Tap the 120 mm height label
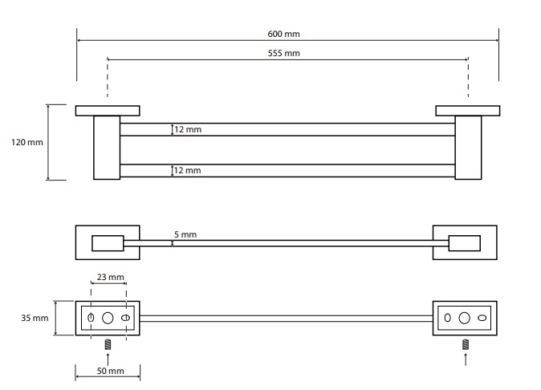(x=27, y=142)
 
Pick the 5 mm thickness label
(x=185, y=234)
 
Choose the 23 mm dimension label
(x=109, y=278)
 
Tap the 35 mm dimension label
(x=35, y=318)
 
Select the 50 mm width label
(x=110, y=371)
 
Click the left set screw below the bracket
(x=108, y=345)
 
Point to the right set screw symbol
(x=465, y=345)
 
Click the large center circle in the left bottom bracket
(x=108, y=318)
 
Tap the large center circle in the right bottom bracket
(x=465, y=318)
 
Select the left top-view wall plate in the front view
(x=108, y=111)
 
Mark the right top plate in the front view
(x=467, y=111)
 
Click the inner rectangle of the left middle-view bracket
(x=107, y=242)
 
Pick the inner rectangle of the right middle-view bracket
(x=463, y=242)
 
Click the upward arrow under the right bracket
(x=465, y=359)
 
